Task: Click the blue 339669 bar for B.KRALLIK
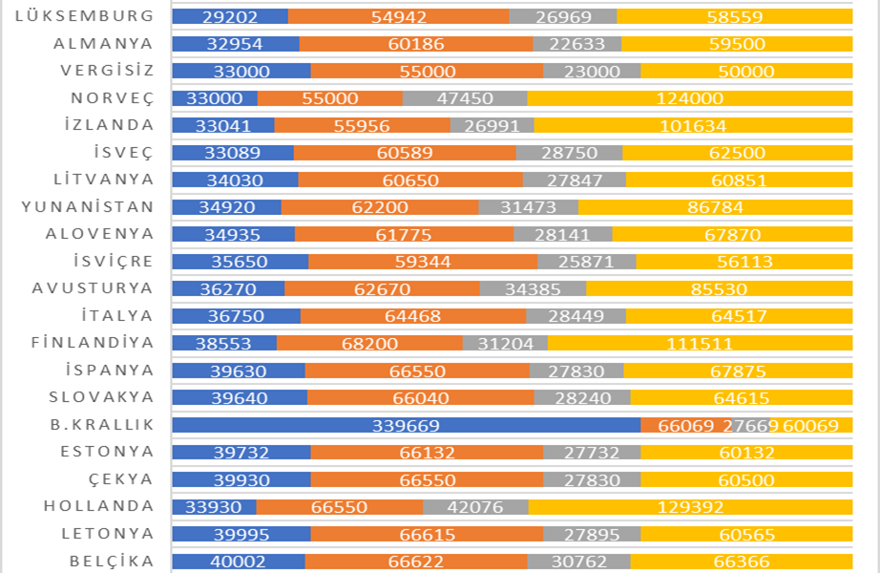tap(407, 425)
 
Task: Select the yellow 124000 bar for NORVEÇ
tap(689, 98)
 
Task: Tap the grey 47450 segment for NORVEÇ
tap(464, 98)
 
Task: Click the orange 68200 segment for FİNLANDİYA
tap(369, 343)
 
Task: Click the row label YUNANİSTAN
tap(87, 206)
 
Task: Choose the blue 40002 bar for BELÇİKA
tap(239, 562)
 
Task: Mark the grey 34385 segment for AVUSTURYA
tap(533, 288)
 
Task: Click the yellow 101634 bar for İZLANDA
tap(693, 125)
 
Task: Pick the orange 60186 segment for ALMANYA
tap(416, 44)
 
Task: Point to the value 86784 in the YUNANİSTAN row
tap(715, 207)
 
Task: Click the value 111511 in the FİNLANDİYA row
tap(700, 343)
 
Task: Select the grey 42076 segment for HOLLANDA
tap(475, 507)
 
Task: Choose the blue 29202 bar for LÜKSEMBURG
tap(230, 16)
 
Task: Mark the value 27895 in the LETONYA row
tap(591, 534)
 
